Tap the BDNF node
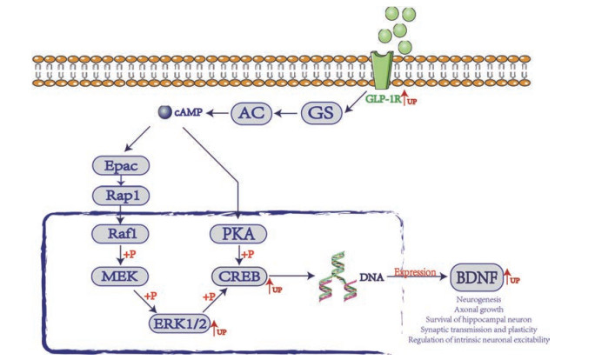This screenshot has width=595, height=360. point(476,279)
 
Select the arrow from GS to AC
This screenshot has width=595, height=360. point(287,111)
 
